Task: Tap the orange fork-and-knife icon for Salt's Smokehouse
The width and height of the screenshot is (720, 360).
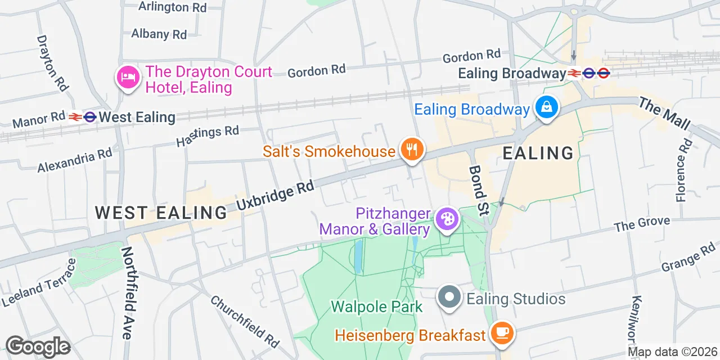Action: [412, 150]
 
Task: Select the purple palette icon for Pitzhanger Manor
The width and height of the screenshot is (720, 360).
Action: [448, 219]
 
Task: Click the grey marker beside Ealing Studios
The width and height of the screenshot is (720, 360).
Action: [450, 298]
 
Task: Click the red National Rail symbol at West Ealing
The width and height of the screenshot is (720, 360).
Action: [75, 117]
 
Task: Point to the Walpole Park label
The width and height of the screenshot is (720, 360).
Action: [376, 307]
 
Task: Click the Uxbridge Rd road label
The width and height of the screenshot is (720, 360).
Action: [274, 196]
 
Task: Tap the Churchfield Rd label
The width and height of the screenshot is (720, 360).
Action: [245, 321]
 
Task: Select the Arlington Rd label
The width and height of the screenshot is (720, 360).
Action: [172, 7]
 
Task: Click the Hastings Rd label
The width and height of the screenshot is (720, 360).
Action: [208, 136]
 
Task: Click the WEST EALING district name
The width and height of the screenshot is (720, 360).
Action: [161, 213]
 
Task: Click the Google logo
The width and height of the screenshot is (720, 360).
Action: [38, 346]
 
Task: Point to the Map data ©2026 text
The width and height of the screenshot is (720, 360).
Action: [672, 352]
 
